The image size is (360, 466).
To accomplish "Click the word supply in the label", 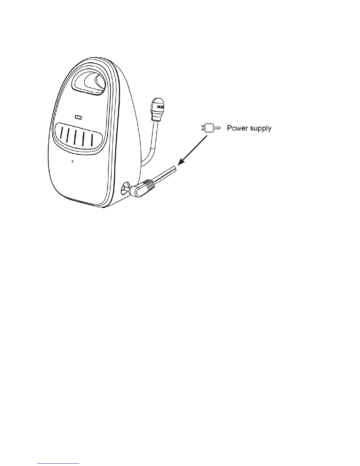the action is pos(260,129).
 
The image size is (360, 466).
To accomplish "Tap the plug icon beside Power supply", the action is pos(211,128).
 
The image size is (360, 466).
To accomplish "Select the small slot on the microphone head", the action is pos(160,107).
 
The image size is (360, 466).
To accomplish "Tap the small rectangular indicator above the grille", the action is pos(78,117).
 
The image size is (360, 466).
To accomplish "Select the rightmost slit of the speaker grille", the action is pos(92,141).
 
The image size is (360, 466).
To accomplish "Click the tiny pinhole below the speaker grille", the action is pos(73,161).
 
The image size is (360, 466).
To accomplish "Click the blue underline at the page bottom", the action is pos(59,464).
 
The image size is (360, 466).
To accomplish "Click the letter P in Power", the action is pos(229,128).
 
